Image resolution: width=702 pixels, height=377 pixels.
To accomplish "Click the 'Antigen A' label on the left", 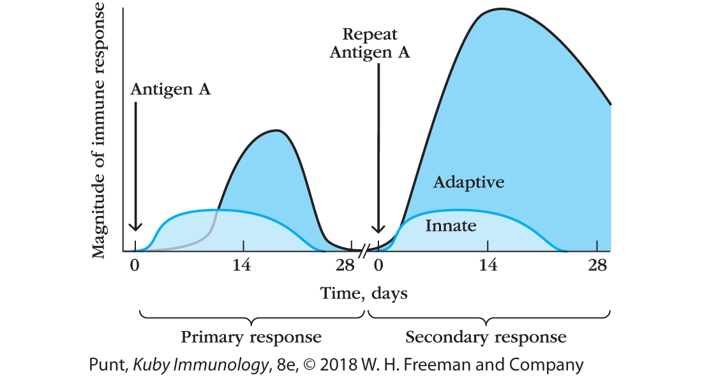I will click(170, 89).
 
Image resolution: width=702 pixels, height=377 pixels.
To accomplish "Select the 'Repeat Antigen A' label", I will click(370, 43).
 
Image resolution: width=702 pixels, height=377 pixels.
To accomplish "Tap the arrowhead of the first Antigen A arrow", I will click(135, 227).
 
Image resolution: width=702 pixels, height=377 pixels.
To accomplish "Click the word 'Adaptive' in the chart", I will click(469, 183).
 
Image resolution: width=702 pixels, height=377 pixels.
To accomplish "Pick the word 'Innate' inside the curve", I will click(451, 226).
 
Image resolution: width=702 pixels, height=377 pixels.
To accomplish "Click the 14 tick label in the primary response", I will click(241, 266).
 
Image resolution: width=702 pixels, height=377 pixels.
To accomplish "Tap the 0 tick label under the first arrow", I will click(135, 266).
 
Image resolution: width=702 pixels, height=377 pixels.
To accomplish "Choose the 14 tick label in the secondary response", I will click(488, 266).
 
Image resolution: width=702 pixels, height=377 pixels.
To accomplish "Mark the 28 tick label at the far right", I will click(597, 266).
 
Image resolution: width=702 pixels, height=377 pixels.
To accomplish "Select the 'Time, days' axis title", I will click(364, 293).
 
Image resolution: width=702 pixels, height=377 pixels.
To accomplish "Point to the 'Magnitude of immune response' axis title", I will click(99, 128).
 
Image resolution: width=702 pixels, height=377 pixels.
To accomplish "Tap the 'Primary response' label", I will click(251, 337).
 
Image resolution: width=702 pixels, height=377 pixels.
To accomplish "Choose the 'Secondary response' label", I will click(486, 337).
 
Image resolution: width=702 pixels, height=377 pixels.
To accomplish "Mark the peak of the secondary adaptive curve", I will click(502, 9).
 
